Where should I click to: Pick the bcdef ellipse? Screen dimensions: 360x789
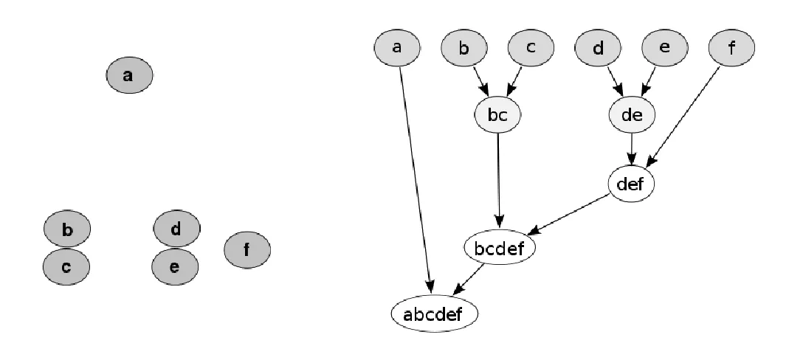click(x=500, y=249)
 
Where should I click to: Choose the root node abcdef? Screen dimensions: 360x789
click(x=435, y=314)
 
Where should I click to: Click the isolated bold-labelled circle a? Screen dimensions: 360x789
click(x=129, y=75)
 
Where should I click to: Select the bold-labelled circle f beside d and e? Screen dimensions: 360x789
click(x=247, y=249)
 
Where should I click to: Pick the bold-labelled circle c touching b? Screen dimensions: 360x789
click(x=66, y=266)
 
